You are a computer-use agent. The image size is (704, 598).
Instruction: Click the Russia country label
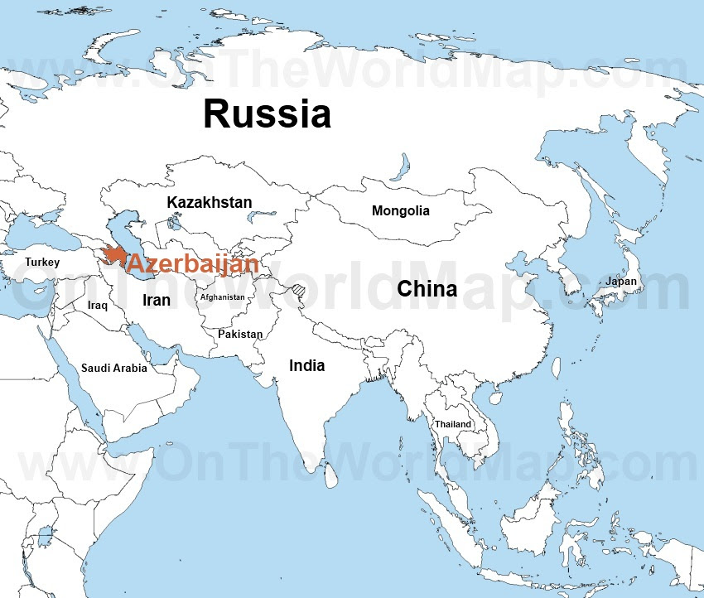coord(267,113)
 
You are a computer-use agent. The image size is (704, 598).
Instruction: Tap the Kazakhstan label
coord(209,202)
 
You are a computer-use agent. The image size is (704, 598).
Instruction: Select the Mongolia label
coord(400,210)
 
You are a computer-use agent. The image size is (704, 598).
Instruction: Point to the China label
coord(427,289)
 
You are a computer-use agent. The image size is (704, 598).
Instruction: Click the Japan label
coord(620,282)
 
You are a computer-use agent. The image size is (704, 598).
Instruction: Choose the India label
coord(306,365)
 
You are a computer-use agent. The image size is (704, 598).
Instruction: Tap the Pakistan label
coord(240,334)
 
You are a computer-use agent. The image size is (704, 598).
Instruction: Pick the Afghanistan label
coord(222,297)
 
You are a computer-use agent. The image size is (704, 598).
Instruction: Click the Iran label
coord(157,300)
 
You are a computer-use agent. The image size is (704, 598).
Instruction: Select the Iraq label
coord(98,305)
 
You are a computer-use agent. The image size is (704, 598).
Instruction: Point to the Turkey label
coord(42,262)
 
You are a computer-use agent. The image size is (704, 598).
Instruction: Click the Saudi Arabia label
coord(113,368)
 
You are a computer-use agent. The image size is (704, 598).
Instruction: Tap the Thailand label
coord(452,424)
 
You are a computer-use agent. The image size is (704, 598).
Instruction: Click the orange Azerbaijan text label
coord(192,265)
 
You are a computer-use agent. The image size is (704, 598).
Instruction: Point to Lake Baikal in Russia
coord(404,164)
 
